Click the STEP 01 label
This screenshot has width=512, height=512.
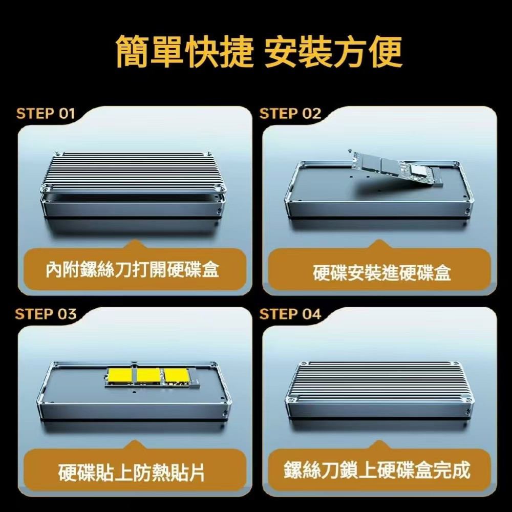(x=46, y=114)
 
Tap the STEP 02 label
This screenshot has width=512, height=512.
(x=290, y=114)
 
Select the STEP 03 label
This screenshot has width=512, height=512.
(x=46, y=314)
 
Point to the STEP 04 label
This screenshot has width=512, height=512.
(x=290, y=314)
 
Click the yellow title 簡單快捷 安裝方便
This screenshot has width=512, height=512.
(x=259, y=52)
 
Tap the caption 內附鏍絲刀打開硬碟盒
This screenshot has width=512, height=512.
(x=132, y=270)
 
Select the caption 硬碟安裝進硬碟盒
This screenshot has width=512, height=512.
(x=382, y=273)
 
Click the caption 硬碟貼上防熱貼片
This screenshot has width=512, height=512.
(x=132, y=473)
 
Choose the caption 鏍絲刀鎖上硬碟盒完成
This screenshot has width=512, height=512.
(x=377, y=470)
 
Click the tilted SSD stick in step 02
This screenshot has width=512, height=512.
(x=397, y=169)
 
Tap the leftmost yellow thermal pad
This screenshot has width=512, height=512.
(x=120, y=376)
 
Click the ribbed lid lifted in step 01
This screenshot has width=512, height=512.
(x=132, y=172)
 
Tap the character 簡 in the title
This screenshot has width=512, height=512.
(x=132, y=52)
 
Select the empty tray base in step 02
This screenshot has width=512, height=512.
(x=379, y=189)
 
